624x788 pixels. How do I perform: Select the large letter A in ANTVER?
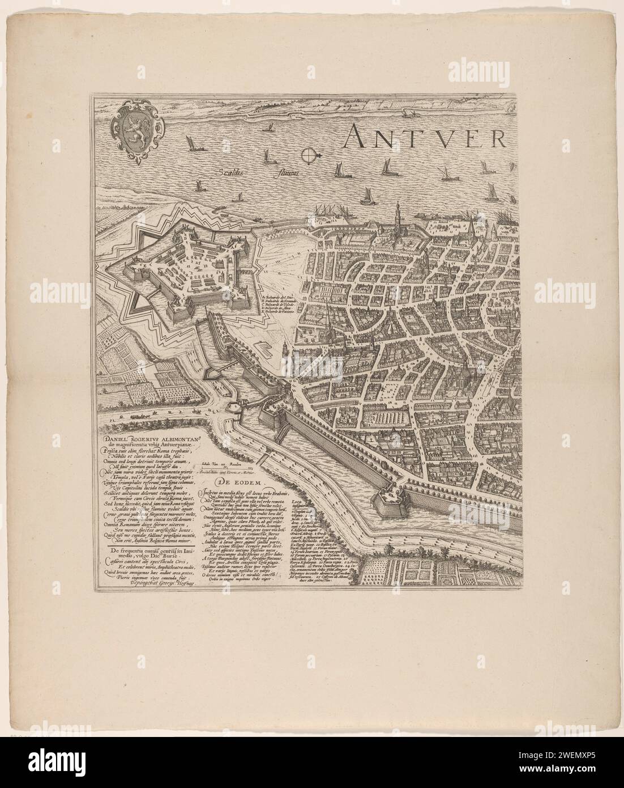(x=359, y=135)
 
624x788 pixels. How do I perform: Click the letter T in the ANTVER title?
(x=398, y=135)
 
